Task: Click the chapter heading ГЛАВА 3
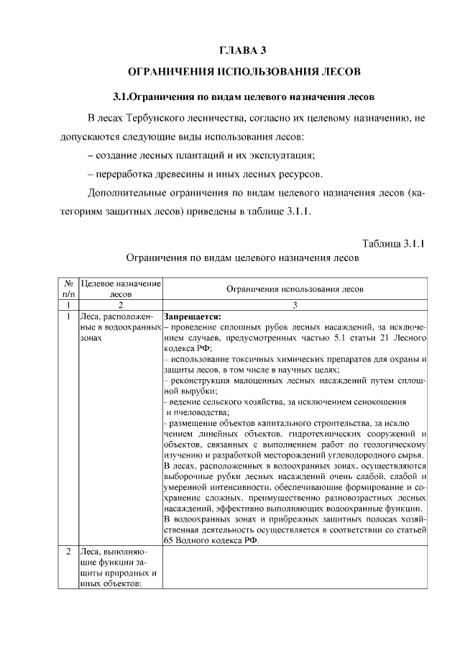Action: (x=241, y=50)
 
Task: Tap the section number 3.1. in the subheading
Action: (x=126, y=96)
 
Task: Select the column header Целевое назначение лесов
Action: (x=121, y=288)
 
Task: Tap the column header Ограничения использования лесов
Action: (x=295, y=288)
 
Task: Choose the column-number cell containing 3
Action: (x=295, y=305)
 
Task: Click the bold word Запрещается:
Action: (x=193, y=316)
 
